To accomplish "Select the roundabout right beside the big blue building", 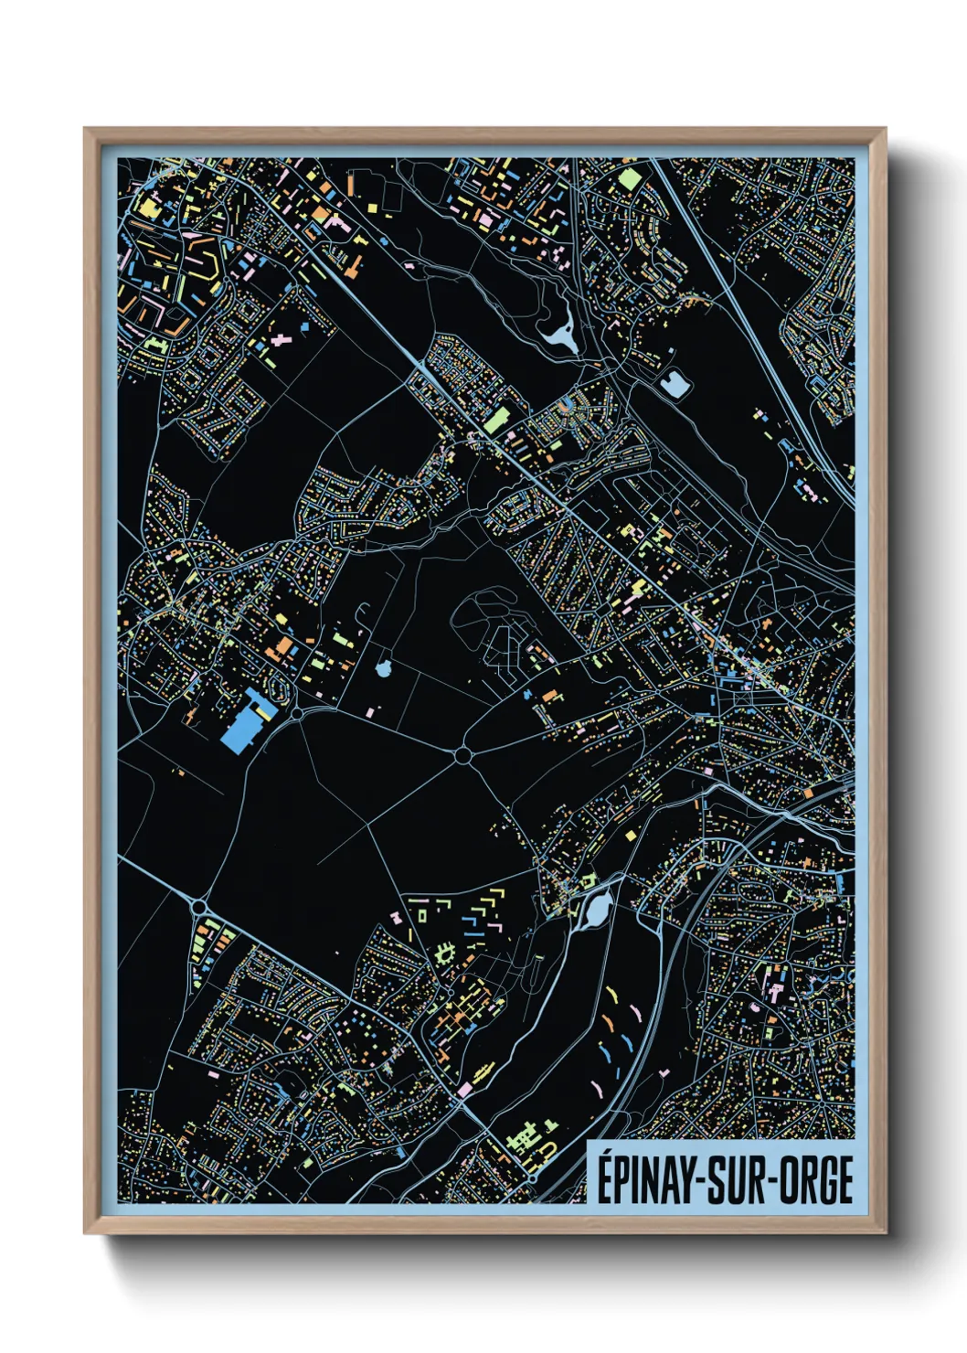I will click(x=297, y=713).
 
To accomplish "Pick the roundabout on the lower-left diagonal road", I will click(x=199, y=907).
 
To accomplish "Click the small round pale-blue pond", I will click(x=383, y=669).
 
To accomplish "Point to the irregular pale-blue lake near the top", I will click(x=559, y=335).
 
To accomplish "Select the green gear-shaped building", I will click(x=446, y=954).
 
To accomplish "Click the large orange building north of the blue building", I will click(x=285, y=647).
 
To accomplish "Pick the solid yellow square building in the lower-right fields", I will click(x=631, y=835).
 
